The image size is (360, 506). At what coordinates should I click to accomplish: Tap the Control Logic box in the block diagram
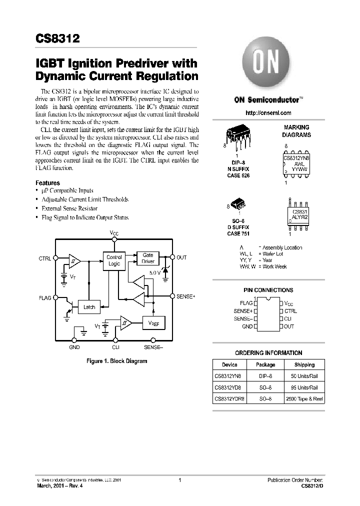tap(114, 260)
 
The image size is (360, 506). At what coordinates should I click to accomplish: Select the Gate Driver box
tap(148, 258)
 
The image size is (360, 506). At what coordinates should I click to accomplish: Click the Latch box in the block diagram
tap(89, 307)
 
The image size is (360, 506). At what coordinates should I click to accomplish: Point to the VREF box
tap(153, 323)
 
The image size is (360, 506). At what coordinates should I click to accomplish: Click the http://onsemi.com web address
tap(269, 113)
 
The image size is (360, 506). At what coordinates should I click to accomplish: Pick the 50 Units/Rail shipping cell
tap(304, 376)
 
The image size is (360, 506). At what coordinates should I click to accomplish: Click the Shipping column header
tap(304, 365)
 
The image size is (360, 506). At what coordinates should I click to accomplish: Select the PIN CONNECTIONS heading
tap(268, 290)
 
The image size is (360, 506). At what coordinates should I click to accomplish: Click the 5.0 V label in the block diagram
tap(154, 273)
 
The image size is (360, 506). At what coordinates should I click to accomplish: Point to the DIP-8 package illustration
tap(238, 135)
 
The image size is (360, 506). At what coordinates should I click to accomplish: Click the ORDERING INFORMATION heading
tap(268, 352)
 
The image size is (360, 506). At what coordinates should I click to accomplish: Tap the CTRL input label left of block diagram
tap(44, 258)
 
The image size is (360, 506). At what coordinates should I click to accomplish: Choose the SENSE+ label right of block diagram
tap(186, 296)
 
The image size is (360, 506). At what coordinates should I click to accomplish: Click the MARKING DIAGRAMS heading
tap(296, 131)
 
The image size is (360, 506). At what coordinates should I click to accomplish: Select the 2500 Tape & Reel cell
tap(304, 399)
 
